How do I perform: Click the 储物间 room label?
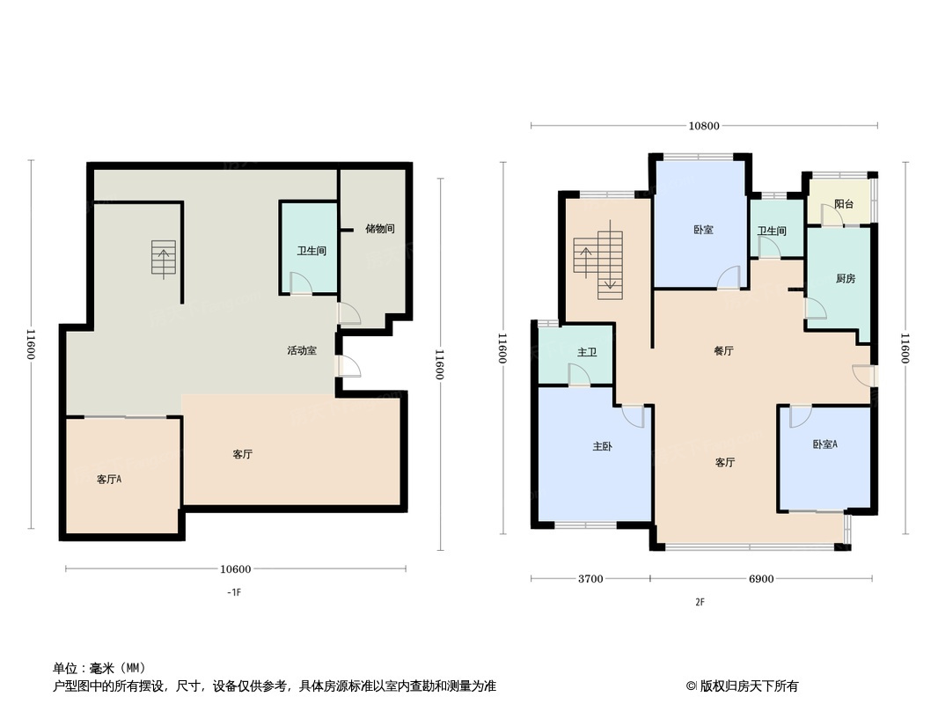(x=379, y=229)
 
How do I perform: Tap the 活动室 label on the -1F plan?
(x=302, y=350)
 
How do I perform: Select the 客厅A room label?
(x=109, y=480)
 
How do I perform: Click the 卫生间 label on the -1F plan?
(x=311, y=251)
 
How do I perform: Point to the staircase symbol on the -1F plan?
(x=164, y=260)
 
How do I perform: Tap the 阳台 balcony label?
(x=844, y=204)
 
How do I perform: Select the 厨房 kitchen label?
(x=845, y=279)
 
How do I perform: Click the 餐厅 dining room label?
(x=723, y=351)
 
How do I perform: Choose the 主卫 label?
(x=587, y=353)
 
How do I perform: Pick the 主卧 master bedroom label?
(x=602, y=447)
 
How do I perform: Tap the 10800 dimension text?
(x=704, y=126)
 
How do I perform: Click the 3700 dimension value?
(x=590, y=579)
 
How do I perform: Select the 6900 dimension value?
(x=760, y=579)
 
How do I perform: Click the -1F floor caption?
(x=233, y=593)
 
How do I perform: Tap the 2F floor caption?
(x=700, y=603)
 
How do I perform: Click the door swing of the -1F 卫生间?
(x=300, y=282)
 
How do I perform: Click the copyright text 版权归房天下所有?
(x=747, y=686)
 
